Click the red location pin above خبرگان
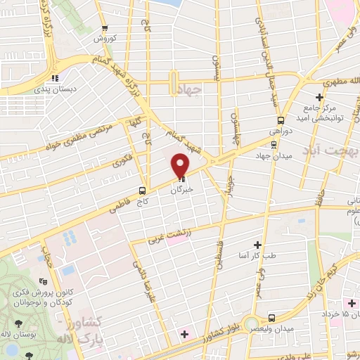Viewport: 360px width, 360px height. (181, 166)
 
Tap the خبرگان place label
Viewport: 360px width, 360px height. (181, 190)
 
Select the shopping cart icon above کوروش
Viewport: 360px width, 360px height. (105, 29)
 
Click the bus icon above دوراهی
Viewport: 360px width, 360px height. (282, 120)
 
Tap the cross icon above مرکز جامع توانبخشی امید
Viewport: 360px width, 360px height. (319, 96)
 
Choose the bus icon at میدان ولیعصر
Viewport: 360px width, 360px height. (281, 317)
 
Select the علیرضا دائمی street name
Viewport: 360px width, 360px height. (139, 274)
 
